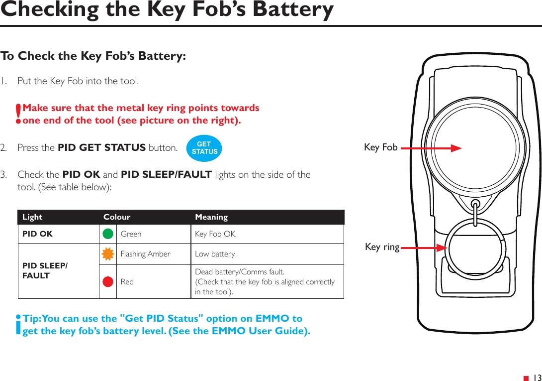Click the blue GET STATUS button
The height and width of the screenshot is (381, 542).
[x=204, y=148]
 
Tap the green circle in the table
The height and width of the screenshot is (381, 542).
[x=108, y=234]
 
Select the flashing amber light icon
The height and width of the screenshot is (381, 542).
[x=108, y=254]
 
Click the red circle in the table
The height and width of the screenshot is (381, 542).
[x=108, y=281]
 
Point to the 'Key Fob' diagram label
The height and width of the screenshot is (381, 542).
[x=380, y=147]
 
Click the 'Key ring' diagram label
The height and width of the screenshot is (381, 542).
[x=382, y=247]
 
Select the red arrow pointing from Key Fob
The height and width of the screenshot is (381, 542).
[x=431, y=147]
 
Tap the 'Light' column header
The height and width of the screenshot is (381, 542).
[x=32, y=217]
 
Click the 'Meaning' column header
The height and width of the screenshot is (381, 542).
[x=211, y=217]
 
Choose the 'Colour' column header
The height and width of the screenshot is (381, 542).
[x=117, y=217]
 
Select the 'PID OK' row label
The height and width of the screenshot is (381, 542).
[x=37, y=234]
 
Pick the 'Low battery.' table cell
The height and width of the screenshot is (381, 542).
[x=215, y=254]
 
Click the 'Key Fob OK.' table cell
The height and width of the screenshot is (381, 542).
[x=216, y=234]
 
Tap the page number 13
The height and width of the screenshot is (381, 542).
[x=537, y=378]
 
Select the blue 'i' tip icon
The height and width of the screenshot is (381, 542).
[x=18, y=325]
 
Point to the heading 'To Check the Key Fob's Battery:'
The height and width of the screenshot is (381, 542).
[x=93, y=56]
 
